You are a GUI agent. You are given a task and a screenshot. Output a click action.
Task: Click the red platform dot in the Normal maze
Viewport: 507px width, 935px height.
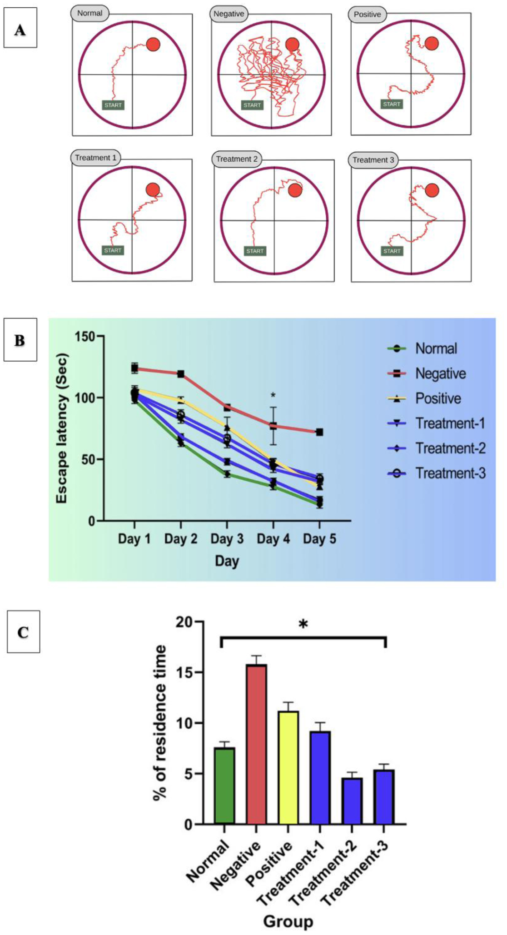point(154,45)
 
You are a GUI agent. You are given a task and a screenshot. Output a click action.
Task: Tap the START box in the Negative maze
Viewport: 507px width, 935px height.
point(252,105)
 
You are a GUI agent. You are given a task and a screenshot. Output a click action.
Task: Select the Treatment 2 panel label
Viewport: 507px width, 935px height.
point(237,159)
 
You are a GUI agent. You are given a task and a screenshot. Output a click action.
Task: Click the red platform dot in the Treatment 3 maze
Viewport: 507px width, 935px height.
point(432,190)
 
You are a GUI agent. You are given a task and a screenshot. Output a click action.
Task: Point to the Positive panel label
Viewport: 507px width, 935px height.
point(367,15)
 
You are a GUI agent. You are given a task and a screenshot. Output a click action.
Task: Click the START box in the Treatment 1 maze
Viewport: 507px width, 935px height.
point(113,250)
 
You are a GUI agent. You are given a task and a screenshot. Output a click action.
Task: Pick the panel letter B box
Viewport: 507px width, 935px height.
point(20,340)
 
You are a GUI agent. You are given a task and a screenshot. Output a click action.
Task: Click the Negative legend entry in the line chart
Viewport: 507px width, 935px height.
point(440,373)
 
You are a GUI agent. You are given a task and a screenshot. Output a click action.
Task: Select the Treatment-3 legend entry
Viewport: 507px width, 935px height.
point(450,473)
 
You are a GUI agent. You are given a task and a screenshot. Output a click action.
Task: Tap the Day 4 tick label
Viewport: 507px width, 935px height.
point(273,539)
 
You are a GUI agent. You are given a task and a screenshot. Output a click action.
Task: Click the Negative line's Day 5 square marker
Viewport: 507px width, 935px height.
point(319,432)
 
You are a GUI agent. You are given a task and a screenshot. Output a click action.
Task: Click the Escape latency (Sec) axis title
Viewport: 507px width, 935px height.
point(62,428)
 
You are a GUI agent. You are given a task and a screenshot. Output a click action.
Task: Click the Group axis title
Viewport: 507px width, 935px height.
point(288,921)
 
